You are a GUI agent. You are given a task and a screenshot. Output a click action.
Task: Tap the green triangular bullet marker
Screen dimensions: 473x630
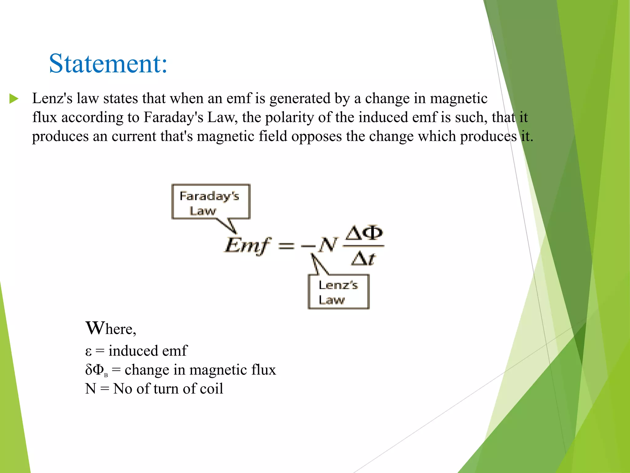coord(14,99)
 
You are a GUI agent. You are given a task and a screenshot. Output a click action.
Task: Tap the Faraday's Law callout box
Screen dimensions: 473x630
coord(211,202)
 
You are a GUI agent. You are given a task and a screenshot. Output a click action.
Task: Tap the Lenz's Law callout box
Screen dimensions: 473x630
coord(338,292)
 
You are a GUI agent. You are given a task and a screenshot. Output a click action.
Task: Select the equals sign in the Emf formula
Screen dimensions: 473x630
coord(286,246)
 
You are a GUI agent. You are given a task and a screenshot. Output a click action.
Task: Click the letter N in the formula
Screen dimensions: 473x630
coord(328,245)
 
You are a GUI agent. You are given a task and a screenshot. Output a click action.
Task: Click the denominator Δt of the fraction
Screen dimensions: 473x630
coord(363,258)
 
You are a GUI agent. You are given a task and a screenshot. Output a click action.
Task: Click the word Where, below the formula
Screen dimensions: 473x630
coord(111,329)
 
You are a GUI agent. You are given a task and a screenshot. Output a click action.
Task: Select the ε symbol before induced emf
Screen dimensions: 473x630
coord(88,351)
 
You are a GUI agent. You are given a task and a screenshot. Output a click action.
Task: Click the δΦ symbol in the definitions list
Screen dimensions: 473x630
coord(95,370)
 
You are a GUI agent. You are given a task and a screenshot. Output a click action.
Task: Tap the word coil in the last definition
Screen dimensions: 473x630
coord(211,389)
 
